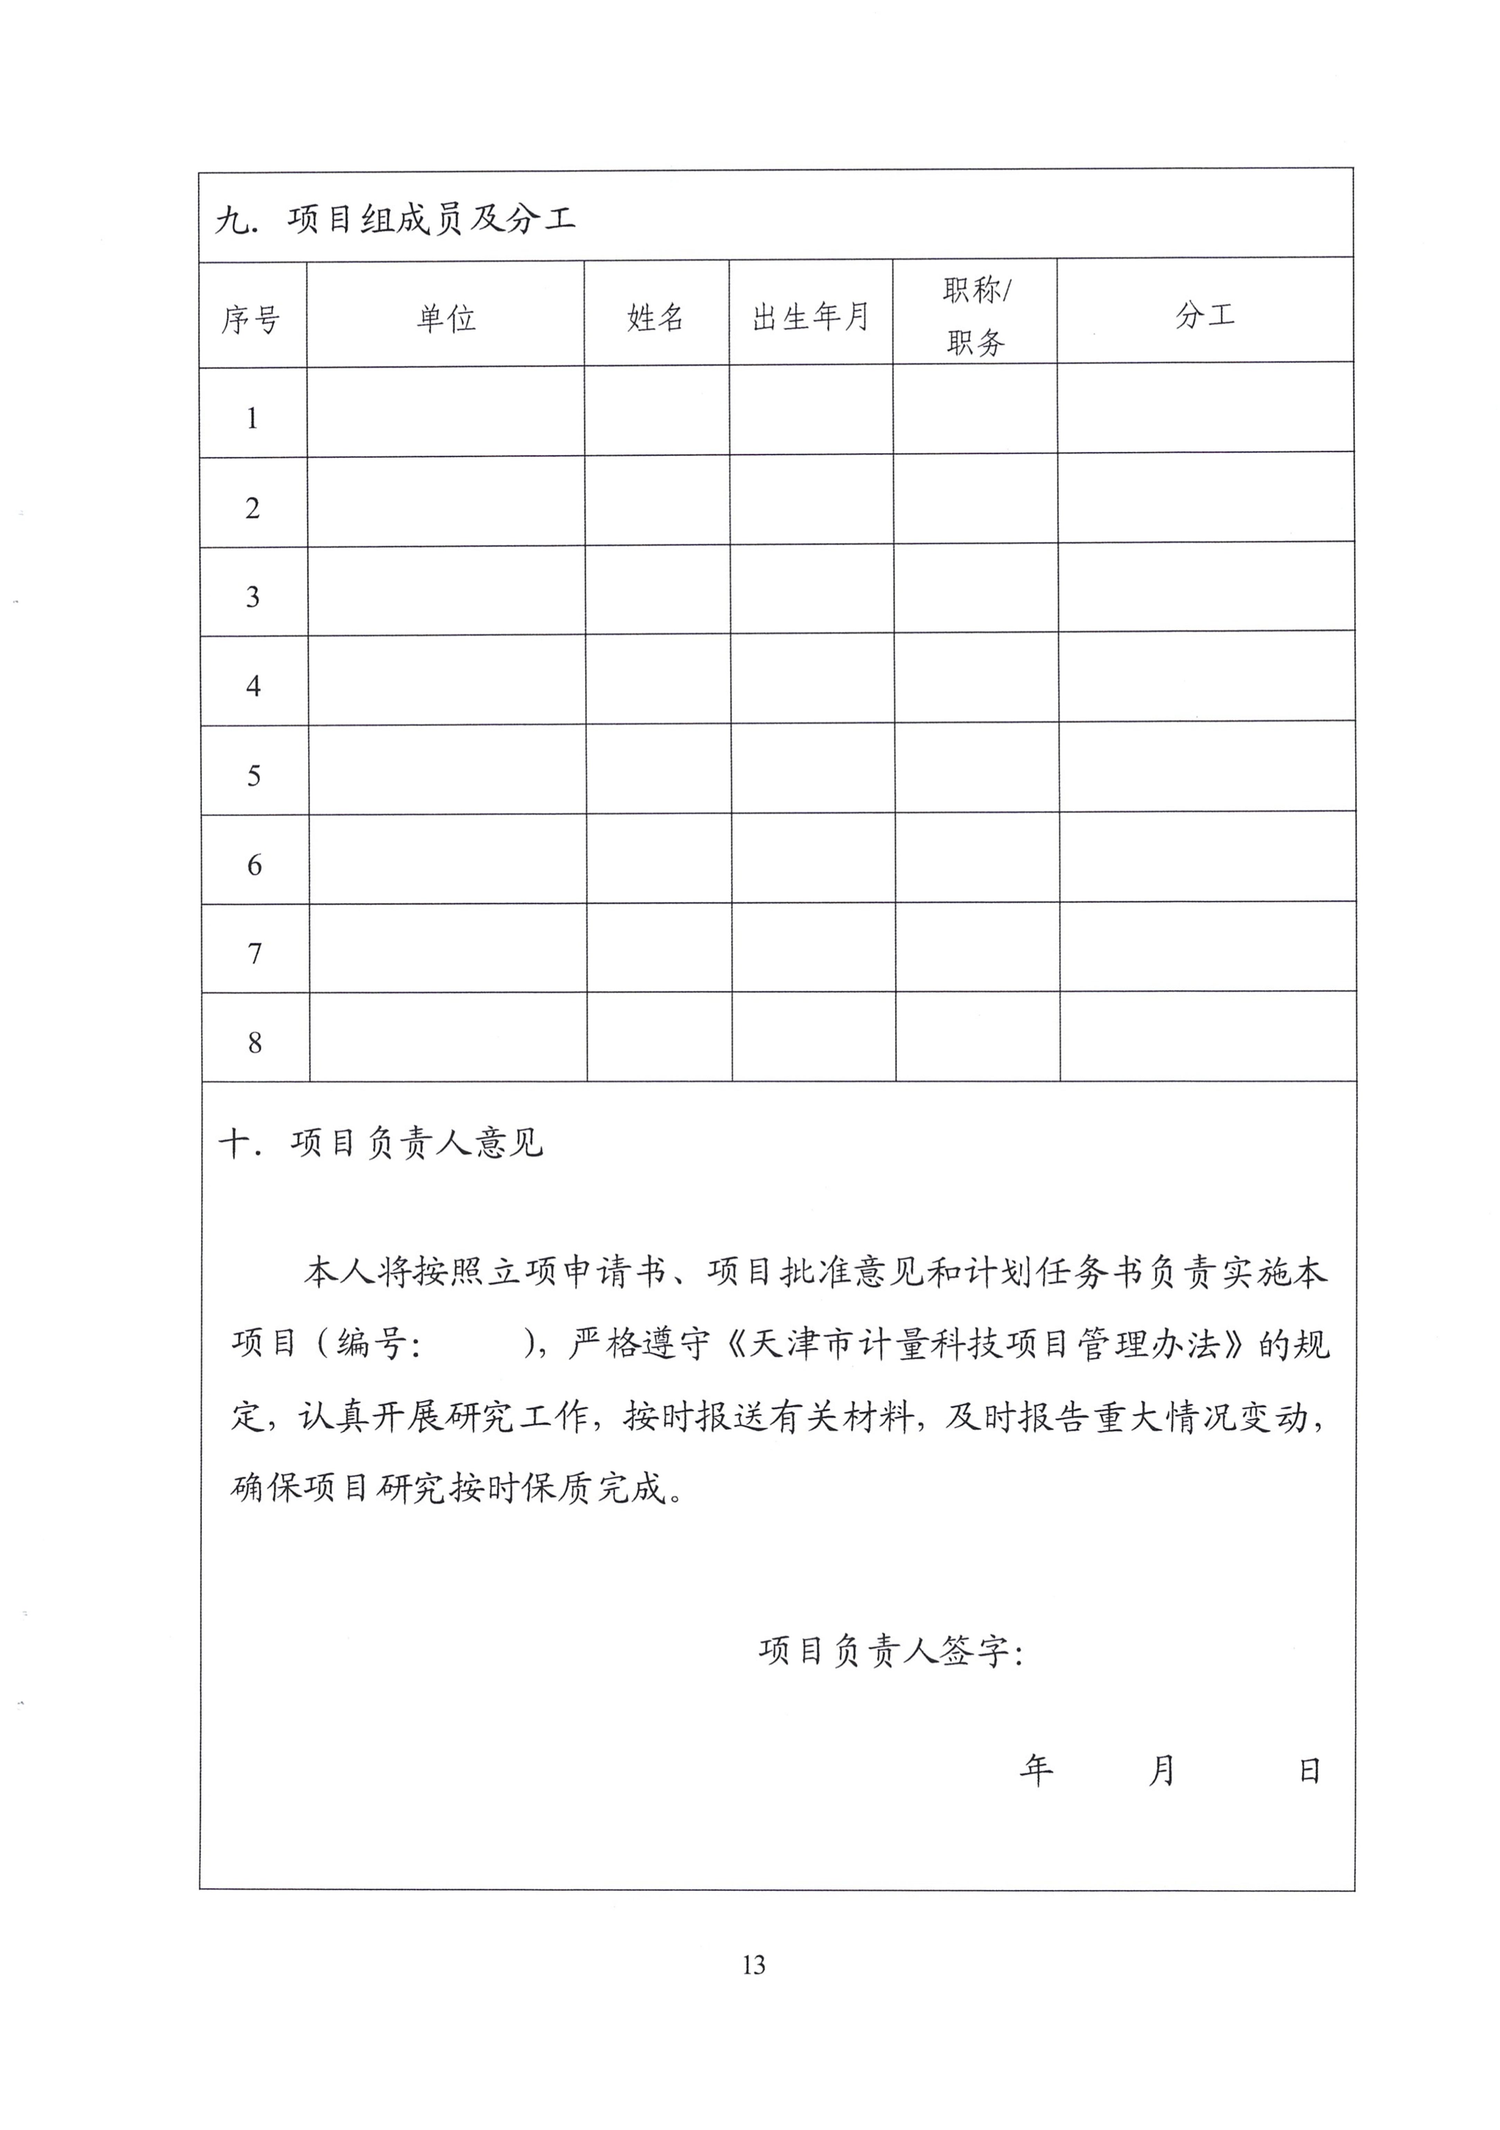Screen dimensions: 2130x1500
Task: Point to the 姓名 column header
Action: [656, 317]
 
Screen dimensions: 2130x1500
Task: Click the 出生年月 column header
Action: [811, 317]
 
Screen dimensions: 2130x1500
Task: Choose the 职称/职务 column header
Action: [976, 315]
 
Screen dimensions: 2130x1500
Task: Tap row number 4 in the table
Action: [253, 686]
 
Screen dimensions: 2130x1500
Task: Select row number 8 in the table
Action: [255, 1043]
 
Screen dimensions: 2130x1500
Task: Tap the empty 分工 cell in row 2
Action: [1206, 498]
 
